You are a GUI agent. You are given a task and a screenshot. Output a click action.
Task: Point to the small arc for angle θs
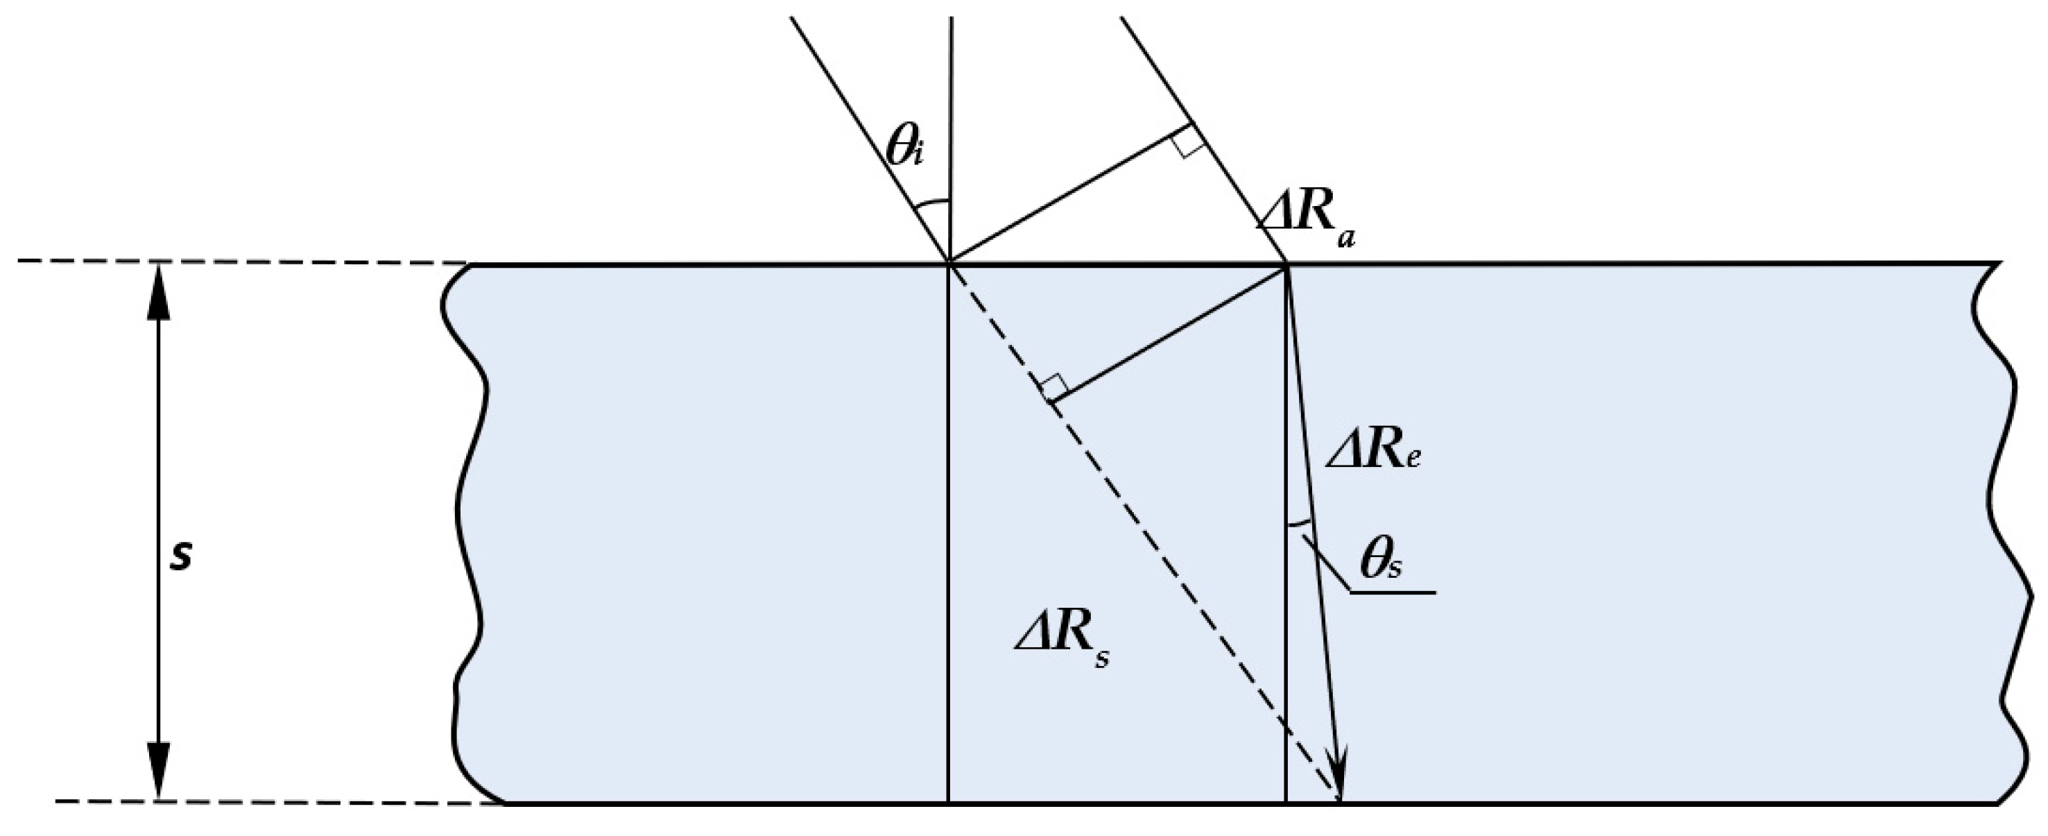(1298, 523)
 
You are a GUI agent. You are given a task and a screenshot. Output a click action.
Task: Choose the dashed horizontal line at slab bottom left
(278, 802)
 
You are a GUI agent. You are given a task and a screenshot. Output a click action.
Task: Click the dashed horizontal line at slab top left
(239, 262)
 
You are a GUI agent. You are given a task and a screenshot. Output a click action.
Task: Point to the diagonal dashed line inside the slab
(1153, 541)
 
